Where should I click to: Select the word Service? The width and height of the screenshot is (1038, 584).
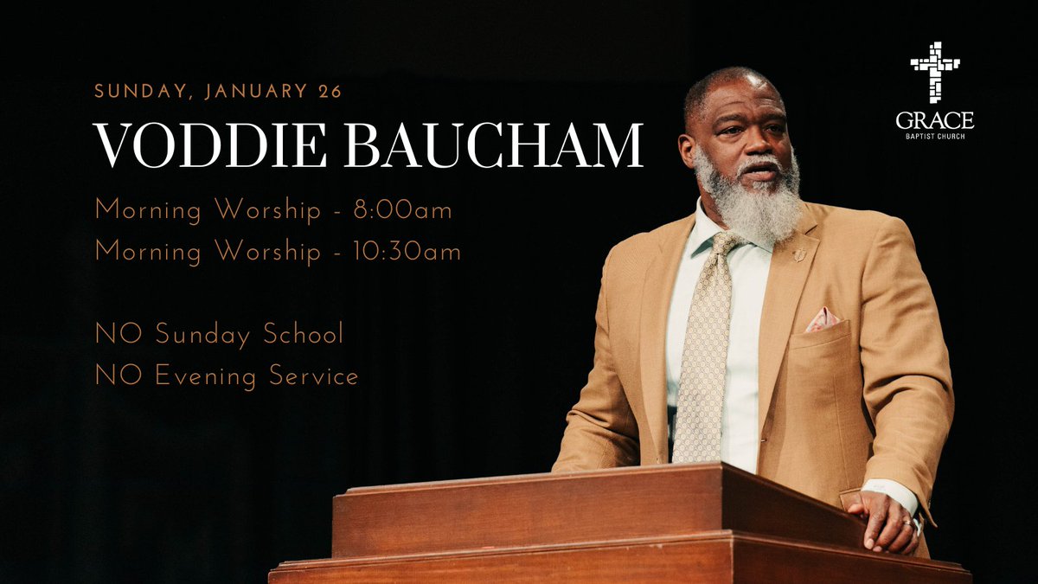pyautogui.click(x=314, y=376)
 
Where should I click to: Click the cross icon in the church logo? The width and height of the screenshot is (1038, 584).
pyautogui.click(x=935, y=73)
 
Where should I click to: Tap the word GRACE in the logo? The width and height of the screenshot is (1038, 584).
pyautogui.click(x=935, y=120)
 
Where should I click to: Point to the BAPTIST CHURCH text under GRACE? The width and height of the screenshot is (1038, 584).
pyautogui.click(x=935, y=137)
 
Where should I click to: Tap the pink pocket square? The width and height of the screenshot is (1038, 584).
pyautogui.click(x=822, y=321)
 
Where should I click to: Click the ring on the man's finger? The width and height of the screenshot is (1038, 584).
pyautogui.click(x=908, y=523)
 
